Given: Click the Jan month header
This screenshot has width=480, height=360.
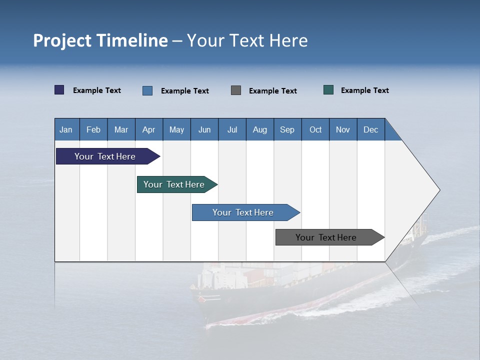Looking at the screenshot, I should pos(66,129).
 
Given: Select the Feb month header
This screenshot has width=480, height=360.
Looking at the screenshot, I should pos(93,129).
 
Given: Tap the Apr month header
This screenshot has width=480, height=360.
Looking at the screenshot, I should pos(148,129).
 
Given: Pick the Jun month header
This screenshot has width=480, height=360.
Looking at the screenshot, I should pos(204,129).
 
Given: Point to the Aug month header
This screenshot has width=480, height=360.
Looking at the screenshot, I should pos(259,129).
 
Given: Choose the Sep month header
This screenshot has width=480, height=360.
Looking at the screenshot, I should pos(287,129).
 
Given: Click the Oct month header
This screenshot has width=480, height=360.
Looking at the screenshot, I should pos(315,129).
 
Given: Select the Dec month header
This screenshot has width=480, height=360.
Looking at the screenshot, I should pos(370,129).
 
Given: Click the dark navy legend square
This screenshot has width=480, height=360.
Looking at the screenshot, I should pos(59,90).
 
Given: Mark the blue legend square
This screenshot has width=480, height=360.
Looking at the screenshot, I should pos(147,90).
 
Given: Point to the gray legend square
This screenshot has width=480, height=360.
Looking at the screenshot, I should pos(236,90).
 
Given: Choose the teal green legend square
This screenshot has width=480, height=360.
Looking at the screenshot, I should pos(328,90).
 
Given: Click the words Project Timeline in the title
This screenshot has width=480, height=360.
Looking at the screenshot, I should pos(100,40).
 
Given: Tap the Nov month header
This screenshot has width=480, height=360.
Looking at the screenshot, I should pos(343,129).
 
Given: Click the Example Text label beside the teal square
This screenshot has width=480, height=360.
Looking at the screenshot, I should pos(364,90).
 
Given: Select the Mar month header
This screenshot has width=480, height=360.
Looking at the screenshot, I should pos(121,129).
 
